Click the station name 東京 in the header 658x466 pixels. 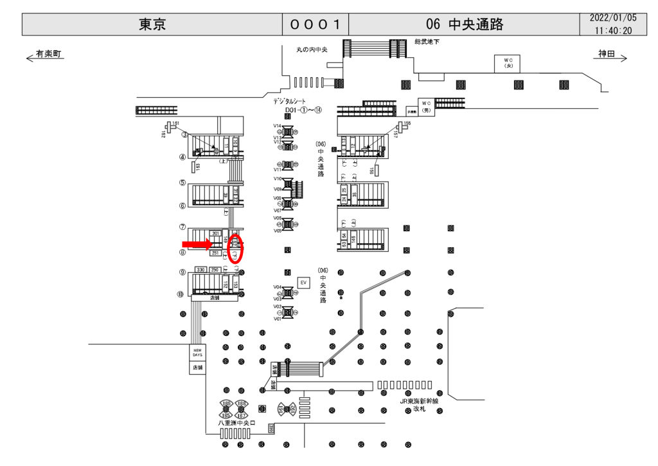click(152, 24)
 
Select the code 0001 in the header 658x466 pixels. click(315, 24)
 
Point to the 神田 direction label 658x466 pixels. click(607, 54)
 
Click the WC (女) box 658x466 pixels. click(508, 63)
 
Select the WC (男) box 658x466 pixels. click(425, 106)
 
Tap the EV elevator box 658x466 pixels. click(304, 283)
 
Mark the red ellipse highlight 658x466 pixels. click(236, 248)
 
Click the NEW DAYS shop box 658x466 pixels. click(197, 353)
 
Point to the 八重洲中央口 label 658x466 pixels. click(236, 423)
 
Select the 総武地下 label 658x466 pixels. click(427, 42)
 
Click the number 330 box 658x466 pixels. click(200, 270)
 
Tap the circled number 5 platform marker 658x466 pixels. click(183, 183)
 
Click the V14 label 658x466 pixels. click(278, 126)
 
